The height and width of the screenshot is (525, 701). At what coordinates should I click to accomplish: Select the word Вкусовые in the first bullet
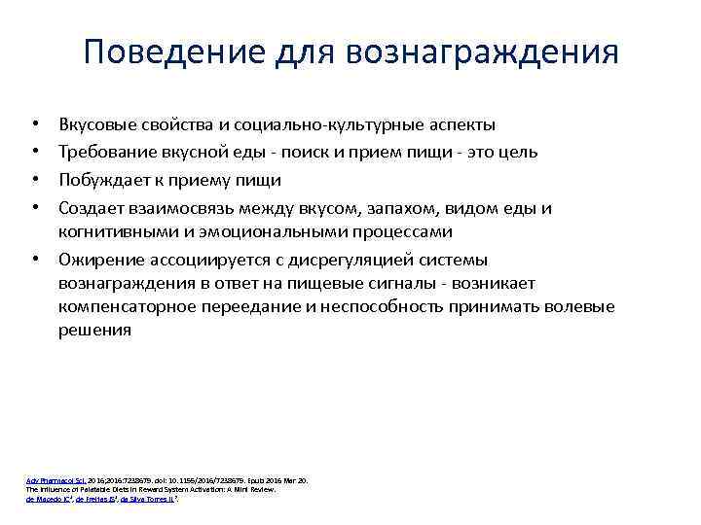coord(96,124)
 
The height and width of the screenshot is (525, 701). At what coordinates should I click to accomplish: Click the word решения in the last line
coord(94,331)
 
